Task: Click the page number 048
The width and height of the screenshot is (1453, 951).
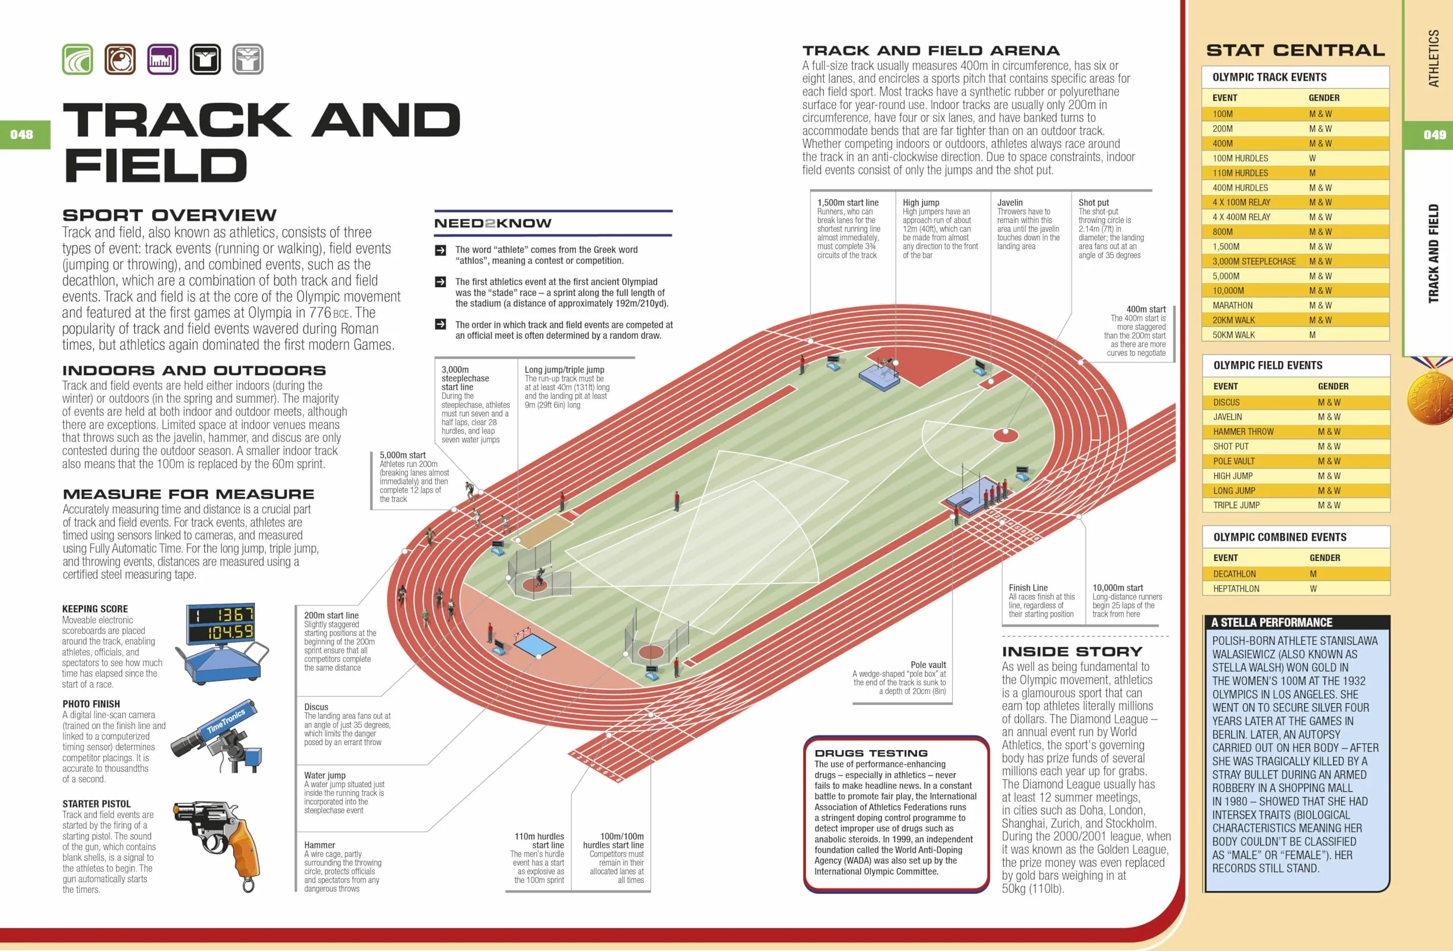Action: tap(21, 134)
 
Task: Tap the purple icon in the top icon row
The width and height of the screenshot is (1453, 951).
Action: tap(163, 59)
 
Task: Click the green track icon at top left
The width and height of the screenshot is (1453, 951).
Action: tap(78, 59)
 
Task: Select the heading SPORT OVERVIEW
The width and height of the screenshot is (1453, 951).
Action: tap(169, 215)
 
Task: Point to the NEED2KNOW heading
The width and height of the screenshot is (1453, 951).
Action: tap(493, 223)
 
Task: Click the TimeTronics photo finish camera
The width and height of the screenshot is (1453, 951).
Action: tap(217, 739)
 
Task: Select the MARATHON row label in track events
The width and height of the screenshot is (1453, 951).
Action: tap(1232, 305)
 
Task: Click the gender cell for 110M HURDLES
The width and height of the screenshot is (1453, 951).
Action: tap(1312, 172)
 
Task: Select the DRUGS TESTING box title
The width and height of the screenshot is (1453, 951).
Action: tap(871, 753)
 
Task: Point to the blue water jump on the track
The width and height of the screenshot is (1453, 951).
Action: tap(535, 645)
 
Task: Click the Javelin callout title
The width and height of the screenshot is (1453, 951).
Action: tap(1010, 203)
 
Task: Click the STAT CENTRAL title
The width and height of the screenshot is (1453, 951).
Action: tap(1296, 50)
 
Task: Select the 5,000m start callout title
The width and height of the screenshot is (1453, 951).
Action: tap(402, 455)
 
